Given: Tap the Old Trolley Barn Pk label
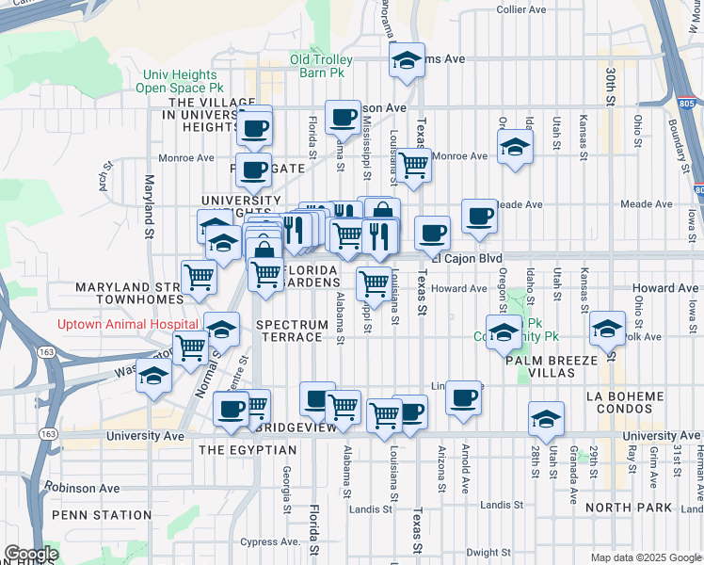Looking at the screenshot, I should pos(321,66).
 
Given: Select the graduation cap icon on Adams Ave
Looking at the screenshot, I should pos(407,61).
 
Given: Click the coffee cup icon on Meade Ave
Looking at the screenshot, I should pos(479,217).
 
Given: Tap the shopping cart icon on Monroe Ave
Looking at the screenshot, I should pos(414,165).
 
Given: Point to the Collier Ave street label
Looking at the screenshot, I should pos(521,9).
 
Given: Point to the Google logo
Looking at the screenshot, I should pos(31,554).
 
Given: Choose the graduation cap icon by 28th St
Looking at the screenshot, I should pos(546,419).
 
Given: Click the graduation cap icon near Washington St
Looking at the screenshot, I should pos(153,376).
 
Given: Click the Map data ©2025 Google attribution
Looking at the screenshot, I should pos(646,557).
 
